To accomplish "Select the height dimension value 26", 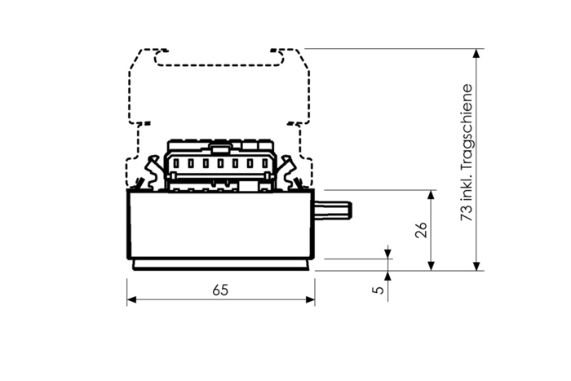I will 421,231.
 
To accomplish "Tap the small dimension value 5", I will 376,290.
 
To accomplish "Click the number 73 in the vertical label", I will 466,211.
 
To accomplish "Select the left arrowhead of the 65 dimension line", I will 131,300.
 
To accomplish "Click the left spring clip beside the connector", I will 149,175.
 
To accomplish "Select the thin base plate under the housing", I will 220,265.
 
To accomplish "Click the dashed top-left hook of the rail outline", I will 147,55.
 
